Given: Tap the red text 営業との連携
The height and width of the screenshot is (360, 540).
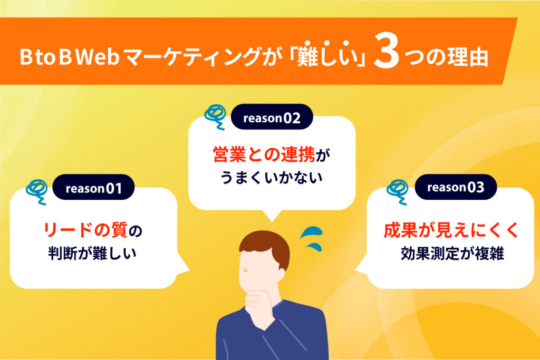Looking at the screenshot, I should (264, 155).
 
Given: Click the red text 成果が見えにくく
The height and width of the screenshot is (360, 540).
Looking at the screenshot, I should (451, 230).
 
